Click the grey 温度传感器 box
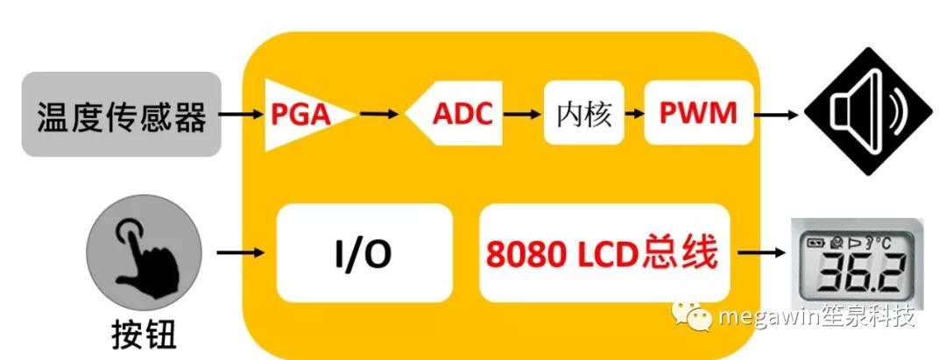tap(121, 114)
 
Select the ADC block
tap(455, 113)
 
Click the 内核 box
tap(583, 113)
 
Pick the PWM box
tap(698, 113)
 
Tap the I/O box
tap(364, 253)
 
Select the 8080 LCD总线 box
tap(604, 253)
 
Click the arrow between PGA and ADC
tap(379, 113)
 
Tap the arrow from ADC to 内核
tap(522, 113)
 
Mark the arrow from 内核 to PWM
tap(633, 113)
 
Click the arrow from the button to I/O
tap(240, 252)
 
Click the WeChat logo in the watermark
tap(691, 315)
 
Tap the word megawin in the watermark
tap(767, 316)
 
